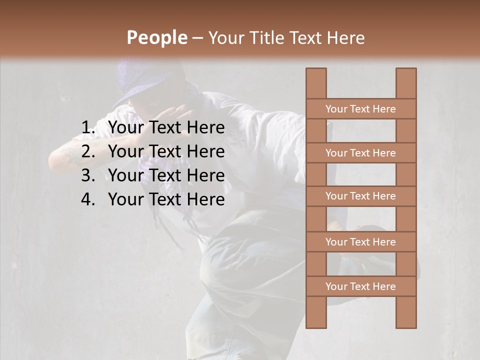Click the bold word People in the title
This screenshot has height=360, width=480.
[156, 37]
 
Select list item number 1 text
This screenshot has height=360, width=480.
[166, 128]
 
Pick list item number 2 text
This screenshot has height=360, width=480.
[166, 151]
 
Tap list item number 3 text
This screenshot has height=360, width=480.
[166, 175]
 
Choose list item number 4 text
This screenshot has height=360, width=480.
[166, 199]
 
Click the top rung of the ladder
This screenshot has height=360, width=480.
[360, 109]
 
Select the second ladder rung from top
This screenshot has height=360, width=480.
[360, 153]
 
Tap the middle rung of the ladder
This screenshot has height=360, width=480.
[360, 196]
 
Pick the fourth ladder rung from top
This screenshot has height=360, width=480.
[360, 242]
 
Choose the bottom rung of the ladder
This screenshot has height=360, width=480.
[360, 286]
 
